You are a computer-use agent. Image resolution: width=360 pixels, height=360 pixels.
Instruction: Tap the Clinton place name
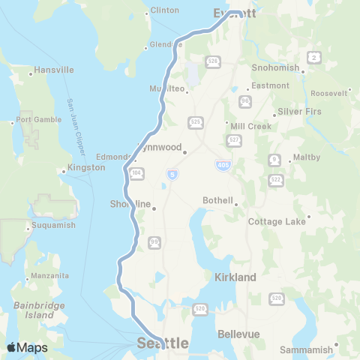165,10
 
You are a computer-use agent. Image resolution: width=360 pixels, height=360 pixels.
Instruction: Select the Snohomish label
275,67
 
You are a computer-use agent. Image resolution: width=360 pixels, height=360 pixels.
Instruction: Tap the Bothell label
219,201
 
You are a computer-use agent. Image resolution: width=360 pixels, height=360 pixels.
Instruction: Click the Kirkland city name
236,277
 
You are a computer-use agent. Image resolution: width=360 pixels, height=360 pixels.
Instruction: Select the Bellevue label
238,333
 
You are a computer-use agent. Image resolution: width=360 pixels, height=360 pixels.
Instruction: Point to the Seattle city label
163,343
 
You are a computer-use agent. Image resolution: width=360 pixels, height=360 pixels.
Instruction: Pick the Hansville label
55,70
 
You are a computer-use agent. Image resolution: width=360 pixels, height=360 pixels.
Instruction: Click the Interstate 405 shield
226,165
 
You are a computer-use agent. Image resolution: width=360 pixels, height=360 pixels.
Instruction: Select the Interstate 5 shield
172,174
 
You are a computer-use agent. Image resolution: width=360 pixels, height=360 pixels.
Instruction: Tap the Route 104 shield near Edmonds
136,173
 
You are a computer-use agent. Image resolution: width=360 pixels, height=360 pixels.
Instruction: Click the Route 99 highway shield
155,241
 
